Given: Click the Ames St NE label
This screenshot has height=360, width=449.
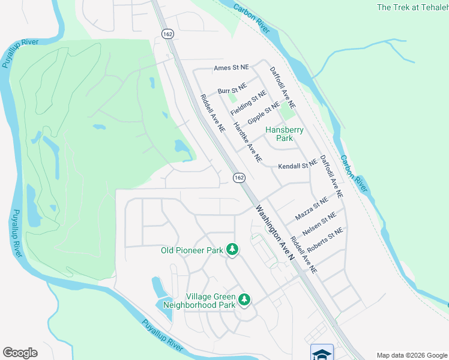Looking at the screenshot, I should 231,69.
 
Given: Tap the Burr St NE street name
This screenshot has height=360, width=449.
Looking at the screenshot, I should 232,89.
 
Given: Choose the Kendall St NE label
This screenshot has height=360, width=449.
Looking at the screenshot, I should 297,166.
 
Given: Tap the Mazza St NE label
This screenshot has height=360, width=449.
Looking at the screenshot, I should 312,207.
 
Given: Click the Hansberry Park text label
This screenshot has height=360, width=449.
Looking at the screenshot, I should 285,134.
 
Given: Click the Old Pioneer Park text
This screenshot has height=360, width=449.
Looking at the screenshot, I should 192,250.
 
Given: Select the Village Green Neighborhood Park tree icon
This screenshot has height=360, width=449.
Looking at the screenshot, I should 244,299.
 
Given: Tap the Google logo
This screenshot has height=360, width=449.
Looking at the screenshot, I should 20,353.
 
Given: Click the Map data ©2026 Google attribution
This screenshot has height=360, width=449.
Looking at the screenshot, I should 412,355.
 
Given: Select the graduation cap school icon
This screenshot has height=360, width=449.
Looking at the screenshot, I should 322,353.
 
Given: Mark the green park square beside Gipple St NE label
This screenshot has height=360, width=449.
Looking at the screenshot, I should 288,112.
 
